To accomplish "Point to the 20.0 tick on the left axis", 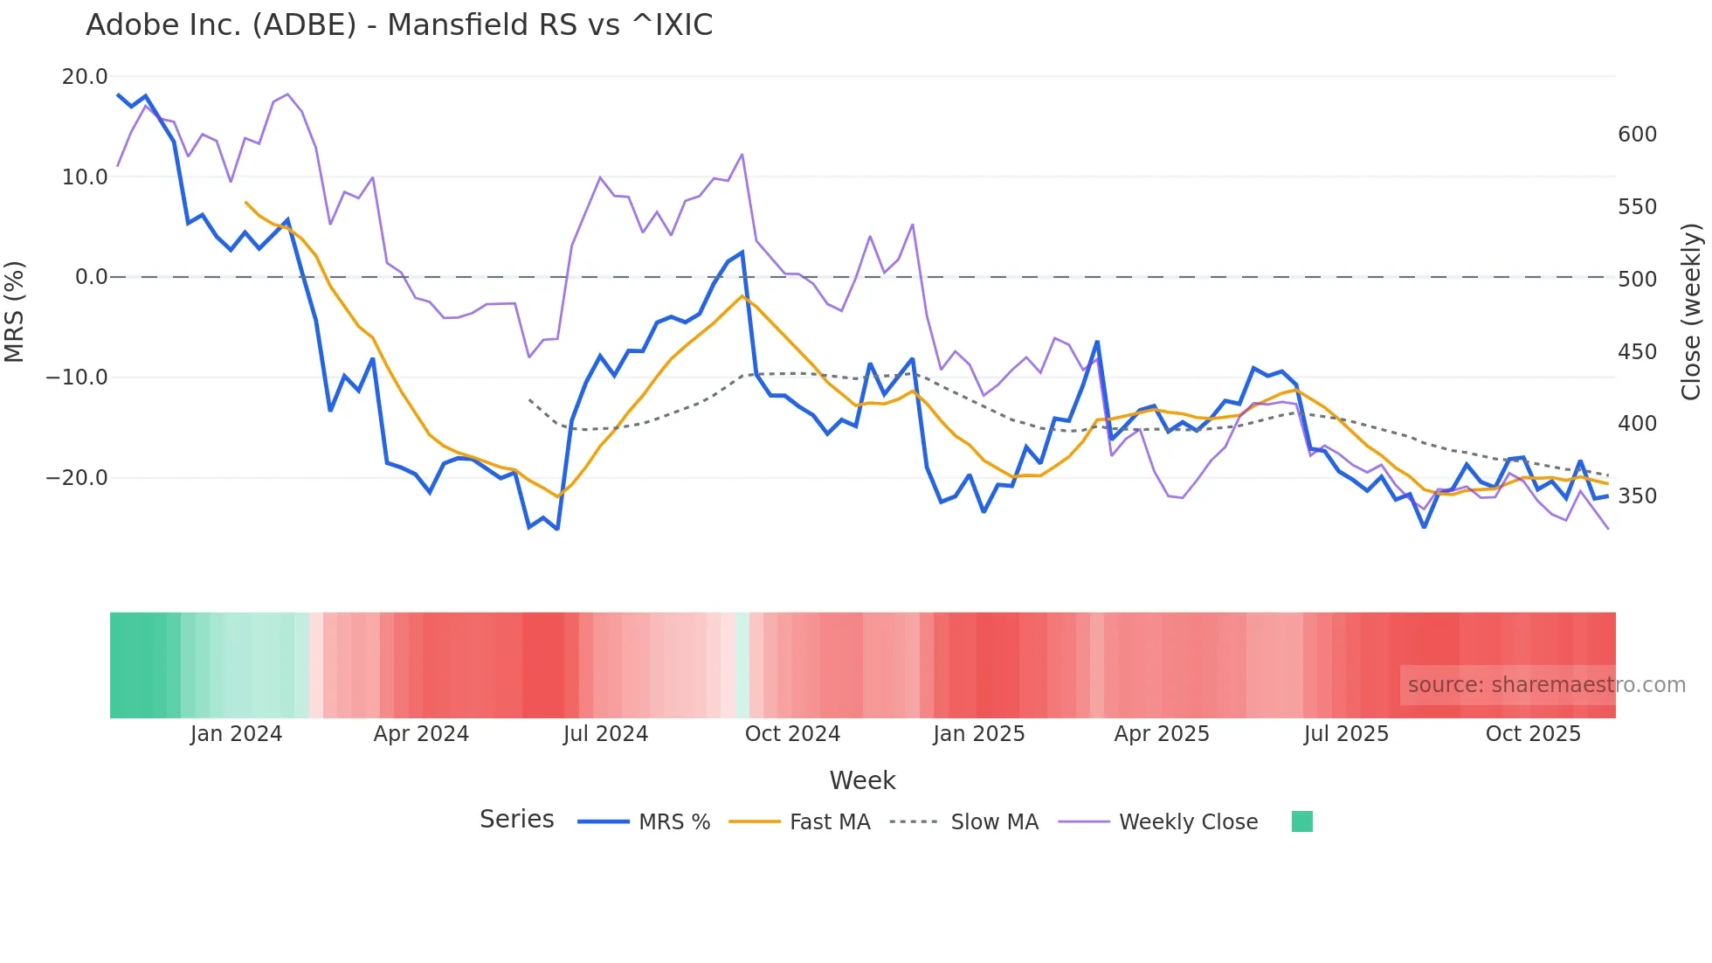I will tap(85, 77).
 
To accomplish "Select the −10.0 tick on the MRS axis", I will tap(77, 378).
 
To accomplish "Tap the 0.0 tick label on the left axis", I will tap(92, 277).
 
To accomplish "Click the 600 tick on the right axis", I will tap(1637, 135).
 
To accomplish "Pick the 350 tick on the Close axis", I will tap(1637, 496).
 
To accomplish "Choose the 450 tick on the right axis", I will tap(1637, 352).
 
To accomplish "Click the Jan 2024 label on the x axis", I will tap(236, 734).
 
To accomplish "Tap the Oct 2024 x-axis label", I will tap(792, 734).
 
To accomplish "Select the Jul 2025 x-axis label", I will tap(1346, 734).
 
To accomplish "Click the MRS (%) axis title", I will tap(15, 311).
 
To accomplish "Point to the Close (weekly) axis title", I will tap(1691, 311).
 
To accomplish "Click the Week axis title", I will tap(862, 780).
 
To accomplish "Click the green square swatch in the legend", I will tap(1301, 821).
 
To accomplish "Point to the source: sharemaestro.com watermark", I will tap(1546, 685).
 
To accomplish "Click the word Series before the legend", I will tap(516, 820).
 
